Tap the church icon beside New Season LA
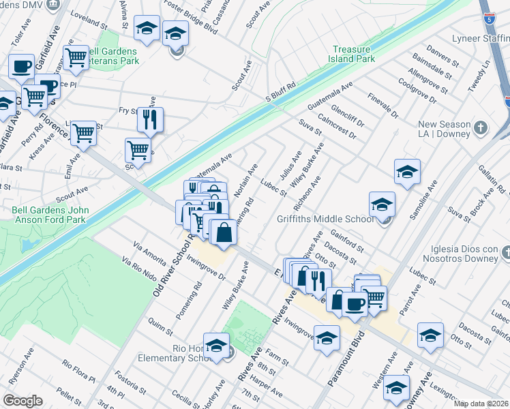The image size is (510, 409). pyautogui.click(x=481, y=128)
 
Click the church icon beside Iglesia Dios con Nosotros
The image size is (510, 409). pyautogui.click(x=505, y=254)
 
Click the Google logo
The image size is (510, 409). pyautogui.click(x=22, y=400)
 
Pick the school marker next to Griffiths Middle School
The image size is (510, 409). pyautogui.click(x=382, y=204)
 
